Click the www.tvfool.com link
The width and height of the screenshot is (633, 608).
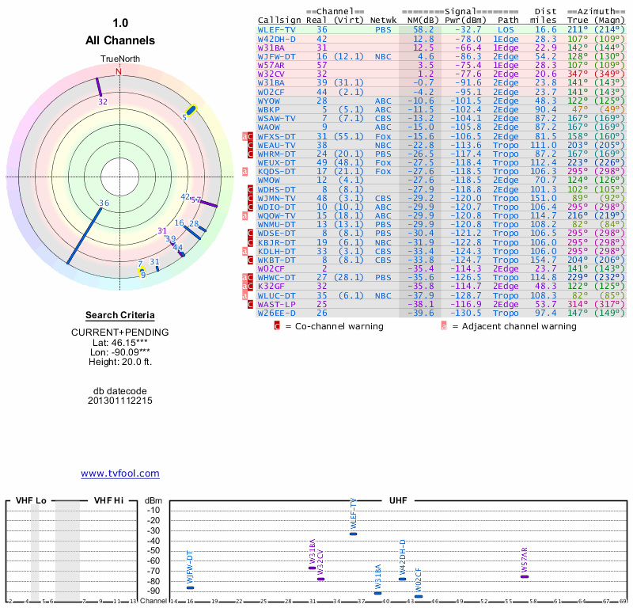tap(119, 473)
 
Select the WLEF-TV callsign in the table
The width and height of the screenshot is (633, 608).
tap(277, 29)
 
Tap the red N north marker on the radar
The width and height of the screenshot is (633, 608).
tap(119, 71)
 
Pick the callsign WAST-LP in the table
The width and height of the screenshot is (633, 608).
tap(277, 303)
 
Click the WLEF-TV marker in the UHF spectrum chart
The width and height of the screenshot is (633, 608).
tap(353, 533)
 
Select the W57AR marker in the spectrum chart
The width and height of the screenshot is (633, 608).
tap(525, 576)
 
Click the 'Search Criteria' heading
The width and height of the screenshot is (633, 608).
tap(119, 315)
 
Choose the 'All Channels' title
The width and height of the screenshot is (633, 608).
tap(119, 40)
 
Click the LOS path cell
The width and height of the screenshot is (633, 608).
tap(506, 29)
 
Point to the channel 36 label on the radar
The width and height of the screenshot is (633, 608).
tap(104, 203)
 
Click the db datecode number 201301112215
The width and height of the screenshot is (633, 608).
tap(119, 401)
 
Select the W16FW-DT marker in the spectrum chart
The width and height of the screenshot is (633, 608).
tap(190, 587)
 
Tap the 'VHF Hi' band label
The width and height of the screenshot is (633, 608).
tap(111, 500)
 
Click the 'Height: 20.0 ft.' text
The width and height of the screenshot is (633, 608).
tap(119, 362)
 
